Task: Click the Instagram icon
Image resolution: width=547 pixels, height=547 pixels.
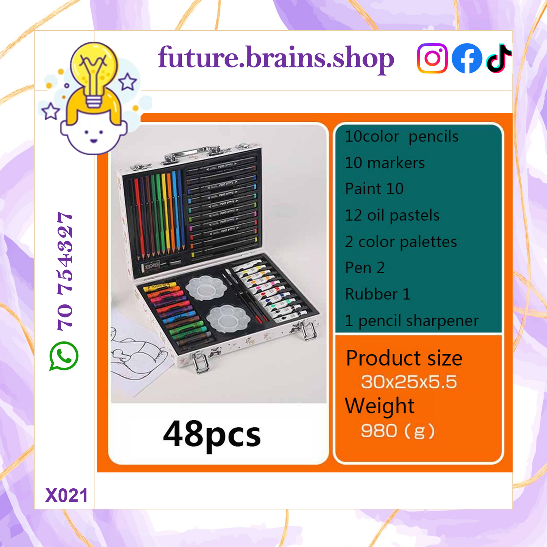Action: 432,58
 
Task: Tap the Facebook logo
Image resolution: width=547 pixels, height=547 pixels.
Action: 467,58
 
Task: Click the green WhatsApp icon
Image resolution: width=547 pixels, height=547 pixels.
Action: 64,356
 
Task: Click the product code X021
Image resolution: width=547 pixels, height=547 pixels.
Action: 66,496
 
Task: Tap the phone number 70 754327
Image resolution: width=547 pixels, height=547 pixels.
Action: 65,271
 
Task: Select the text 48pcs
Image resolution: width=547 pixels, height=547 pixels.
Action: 212,436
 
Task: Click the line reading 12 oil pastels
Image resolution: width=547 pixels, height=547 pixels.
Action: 392,215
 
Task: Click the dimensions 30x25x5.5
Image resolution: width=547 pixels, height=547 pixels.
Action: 409,382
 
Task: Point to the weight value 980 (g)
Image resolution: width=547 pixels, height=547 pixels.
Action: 398,431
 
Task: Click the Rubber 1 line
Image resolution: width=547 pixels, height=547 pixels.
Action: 378,294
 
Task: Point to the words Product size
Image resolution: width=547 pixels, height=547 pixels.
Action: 404,358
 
